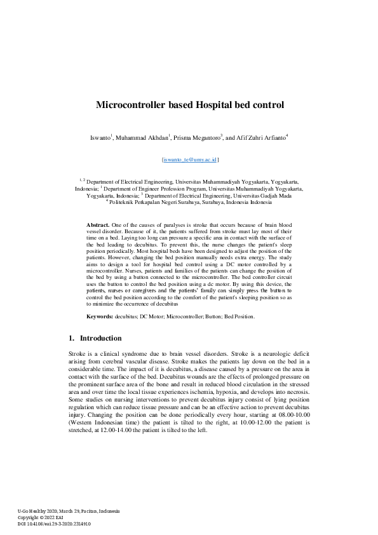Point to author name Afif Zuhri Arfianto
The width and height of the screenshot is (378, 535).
(261, 137)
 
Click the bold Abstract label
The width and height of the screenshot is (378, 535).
(98, 226)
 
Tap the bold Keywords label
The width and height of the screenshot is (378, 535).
(100, 316)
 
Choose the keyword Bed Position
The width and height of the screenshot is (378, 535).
(239, 316)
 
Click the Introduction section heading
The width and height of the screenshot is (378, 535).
(99, 338)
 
